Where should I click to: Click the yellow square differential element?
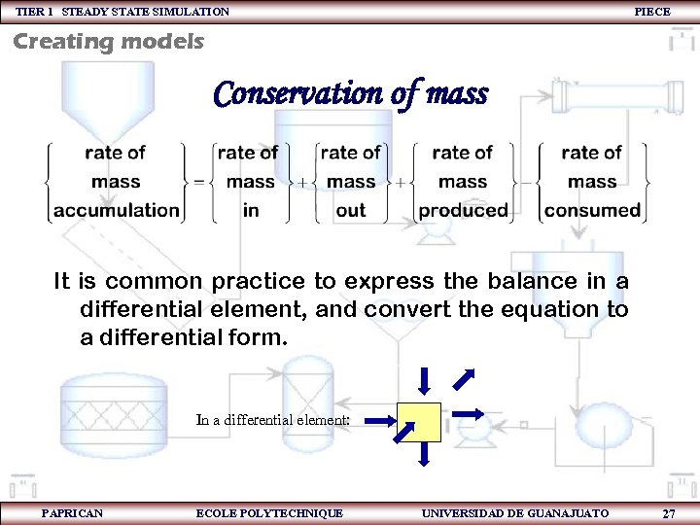(x=419, y=422)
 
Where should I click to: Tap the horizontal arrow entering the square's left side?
(x=383, y=421)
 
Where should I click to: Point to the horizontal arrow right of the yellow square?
(x=469, y=414)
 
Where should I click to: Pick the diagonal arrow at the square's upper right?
(x=462, y=382)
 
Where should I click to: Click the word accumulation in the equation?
(x=117, y=210)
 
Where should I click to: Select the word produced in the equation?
(x=463, y=210)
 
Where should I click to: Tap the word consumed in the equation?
(x=592, y=210)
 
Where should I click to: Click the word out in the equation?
(x=350, y=210)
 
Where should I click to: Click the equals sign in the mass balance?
(x=199, y=182)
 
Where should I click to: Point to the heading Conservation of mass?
(x=350, y=94)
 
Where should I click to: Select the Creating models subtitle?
(x=108, y=42)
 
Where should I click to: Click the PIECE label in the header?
(x=651, y=12)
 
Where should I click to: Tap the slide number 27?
(x=668, y=513)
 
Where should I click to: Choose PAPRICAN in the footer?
(x=72, y=513)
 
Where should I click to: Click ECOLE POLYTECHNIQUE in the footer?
(x=269, y=513)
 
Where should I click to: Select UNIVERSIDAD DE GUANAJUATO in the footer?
(x=515, y=513)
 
